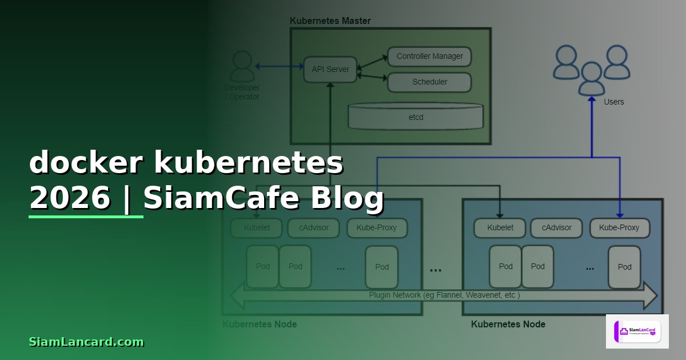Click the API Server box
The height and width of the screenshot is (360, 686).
(x=330, y=70)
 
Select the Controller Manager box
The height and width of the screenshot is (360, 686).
(x=429, y=57)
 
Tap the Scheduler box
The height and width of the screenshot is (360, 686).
(x=429, y=82)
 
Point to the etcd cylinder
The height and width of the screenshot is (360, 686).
(x=416, y=117)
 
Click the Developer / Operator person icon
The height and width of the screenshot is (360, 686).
(x=242, y=67)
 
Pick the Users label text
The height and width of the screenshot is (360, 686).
(x=613, y=102)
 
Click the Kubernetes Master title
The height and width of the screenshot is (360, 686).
(x=330, y=21)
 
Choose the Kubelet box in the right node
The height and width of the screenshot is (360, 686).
(x=500, y=227)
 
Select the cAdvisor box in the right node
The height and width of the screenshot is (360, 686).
(x=556, y=227)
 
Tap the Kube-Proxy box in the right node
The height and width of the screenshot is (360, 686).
(x=619, y=227)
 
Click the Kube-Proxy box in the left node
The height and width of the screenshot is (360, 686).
(x=376, y=227)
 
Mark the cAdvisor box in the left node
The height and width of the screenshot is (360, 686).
(x=314, y=227)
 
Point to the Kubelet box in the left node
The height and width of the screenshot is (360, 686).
(x=257, y=227)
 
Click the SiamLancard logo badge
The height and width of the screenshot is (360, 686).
(x=637, y=331)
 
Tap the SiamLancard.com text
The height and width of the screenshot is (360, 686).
(x=86, y=342)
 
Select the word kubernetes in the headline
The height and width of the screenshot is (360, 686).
(x=249, y=163)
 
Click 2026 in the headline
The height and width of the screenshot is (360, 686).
(x=70, y=198)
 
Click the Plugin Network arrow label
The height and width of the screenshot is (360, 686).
(x=444, y=295)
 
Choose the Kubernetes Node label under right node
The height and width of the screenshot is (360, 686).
(x=508, y=324)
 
